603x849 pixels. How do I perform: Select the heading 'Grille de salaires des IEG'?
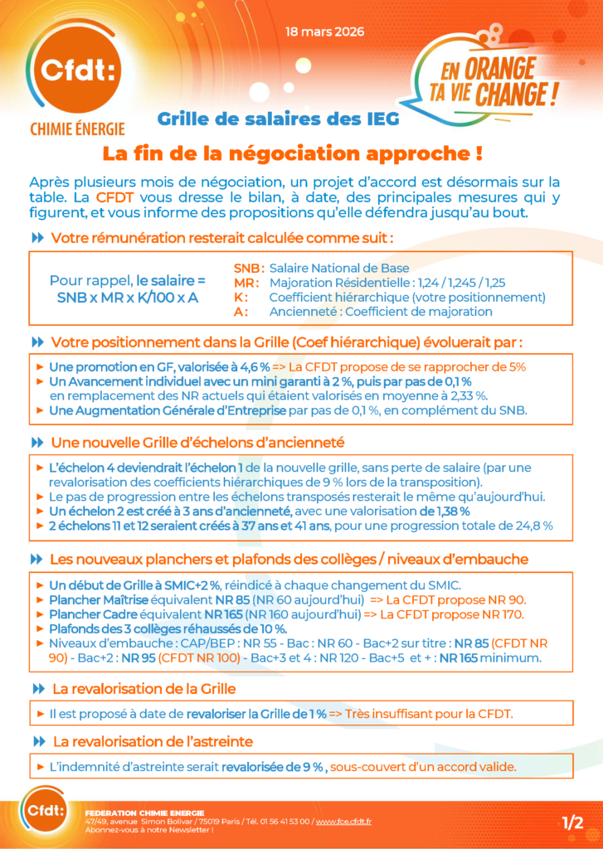pos(277,119)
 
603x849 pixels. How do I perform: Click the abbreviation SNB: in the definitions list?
pos(250,268)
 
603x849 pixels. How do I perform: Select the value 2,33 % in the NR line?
pos(467,395)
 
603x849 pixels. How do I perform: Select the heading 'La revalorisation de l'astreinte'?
pos(153,741)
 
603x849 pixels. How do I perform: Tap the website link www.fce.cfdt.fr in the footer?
pos(343,821)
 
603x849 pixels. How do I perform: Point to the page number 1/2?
pos(572,822)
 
